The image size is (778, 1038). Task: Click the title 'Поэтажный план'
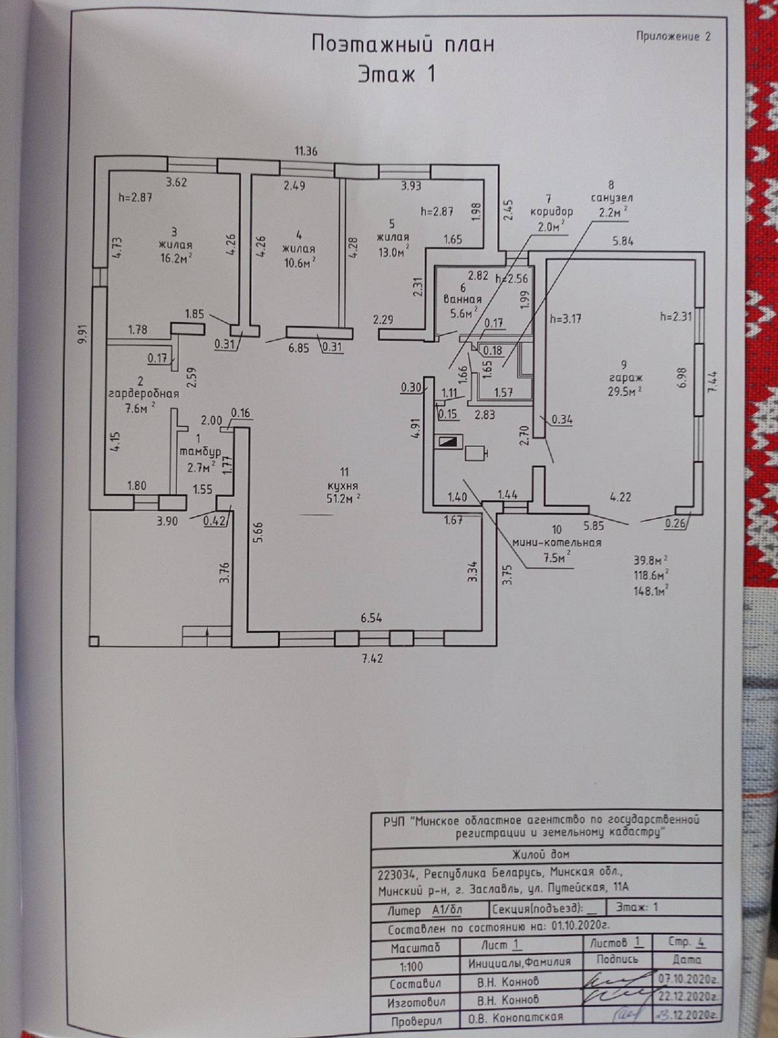coord(402,44)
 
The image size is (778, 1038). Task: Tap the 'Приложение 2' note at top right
coord(673,36)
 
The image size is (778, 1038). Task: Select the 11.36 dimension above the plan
coord(306,151)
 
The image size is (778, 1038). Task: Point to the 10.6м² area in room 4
coord(300,263)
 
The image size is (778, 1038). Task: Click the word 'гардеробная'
coord(144,393)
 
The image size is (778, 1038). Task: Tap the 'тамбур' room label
coord(200,452)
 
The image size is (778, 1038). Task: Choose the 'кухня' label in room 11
coord(344,486)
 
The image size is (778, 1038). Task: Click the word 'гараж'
coord(624,378)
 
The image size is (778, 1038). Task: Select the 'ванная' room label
coord(462,299)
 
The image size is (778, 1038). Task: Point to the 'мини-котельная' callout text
coord(557,543)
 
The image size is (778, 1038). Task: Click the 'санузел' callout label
coord(612,198)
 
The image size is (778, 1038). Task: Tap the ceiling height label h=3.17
coord(565,318)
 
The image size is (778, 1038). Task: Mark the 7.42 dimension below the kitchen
coord(372,659)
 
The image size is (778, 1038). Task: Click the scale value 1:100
coord(411,966)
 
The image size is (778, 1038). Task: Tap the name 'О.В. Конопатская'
coord(516,1017)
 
